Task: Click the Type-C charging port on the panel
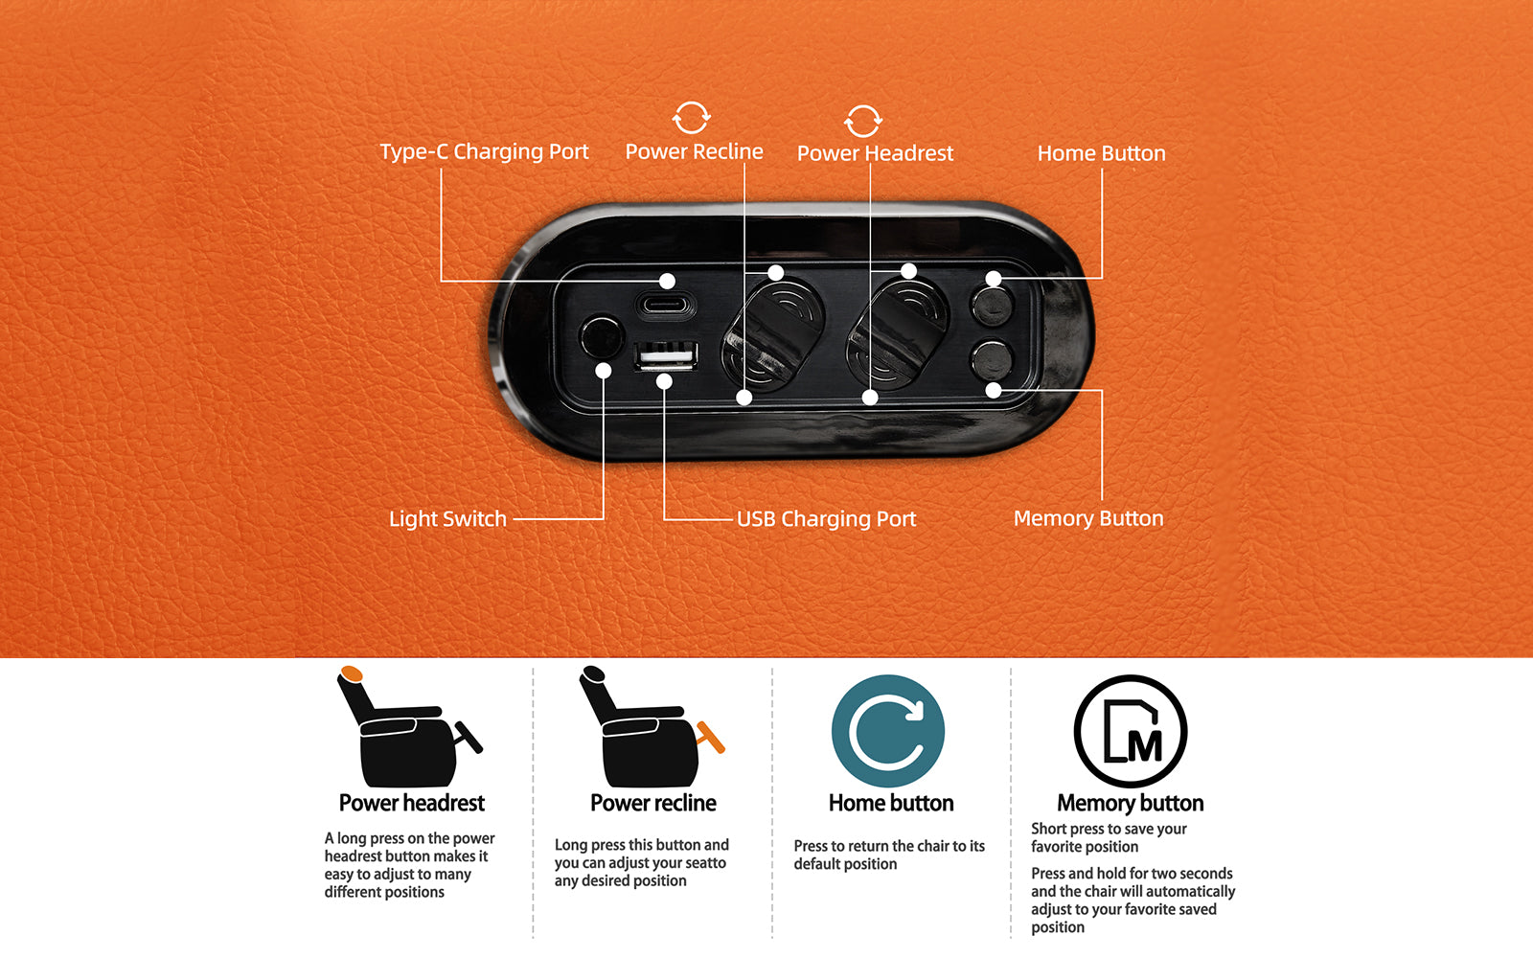coord(665,306)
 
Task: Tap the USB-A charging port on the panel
coord(666,355)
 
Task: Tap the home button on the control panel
coord(992,306)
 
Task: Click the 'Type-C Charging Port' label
coord(484,151)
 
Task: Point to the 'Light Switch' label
coord(447,518)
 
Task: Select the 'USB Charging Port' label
coord(826,518)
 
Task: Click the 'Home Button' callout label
coord(1101,153)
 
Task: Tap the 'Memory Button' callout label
coord(1088,518)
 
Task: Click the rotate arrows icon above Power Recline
coord(691,118)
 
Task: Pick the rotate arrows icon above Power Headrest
coord(863,121)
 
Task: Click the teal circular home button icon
coord(887,731)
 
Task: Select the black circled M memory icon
coord(1131,731)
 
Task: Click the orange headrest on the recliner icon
coord(351,673)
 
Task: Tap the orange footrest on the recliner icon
coord(710,737)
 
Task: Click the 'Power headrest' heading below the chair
coord(411,803)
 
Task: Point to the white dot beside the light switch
coord(603,370)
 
